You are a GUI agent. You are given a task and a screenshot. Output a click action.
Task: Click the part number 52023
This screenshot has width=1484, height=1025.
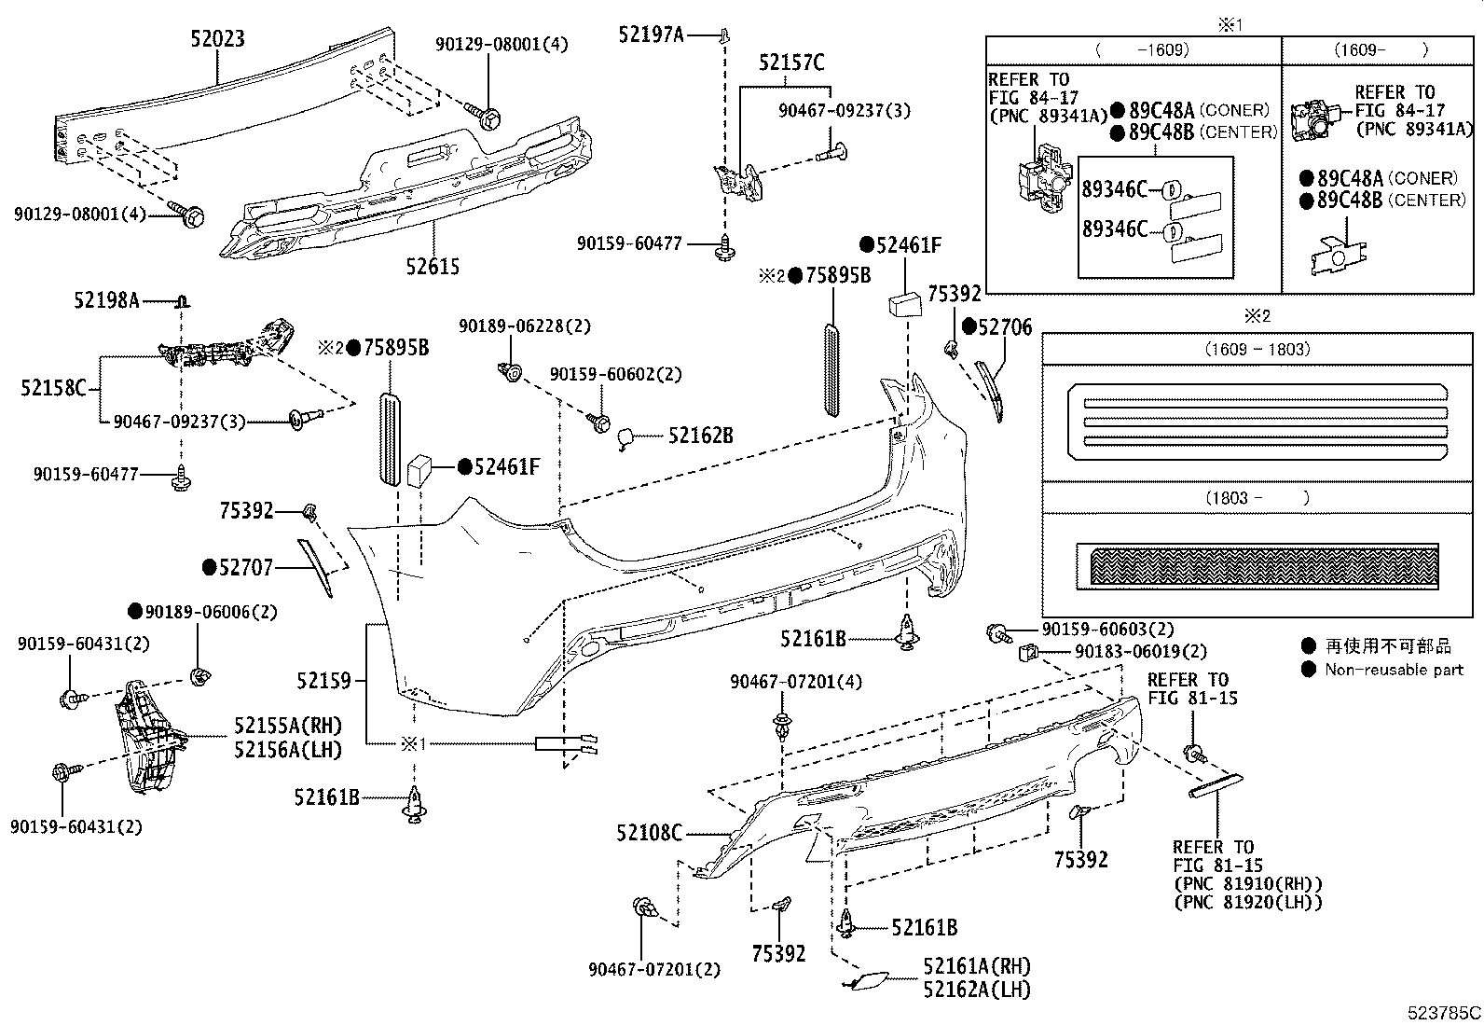pyautogui.click(x=217, y=38)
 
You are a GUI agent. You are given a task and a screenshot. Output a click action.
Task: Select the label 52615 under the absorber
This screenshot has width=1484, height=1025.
pyautogui.click(x=433, y=266)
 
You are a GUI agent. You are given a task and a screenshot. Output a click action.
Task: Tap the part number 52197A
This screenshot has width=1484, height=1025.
pyautogui.click(x=651, y=35)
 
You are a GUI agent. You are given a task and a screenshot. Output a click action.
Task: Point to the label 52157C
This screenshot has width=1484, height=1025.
pyautogui.click(x=791, y=63)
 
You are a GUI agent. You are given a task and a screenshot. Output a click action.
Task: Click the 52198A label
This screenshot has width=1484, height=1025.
pyautogui.click(x=106, y=300)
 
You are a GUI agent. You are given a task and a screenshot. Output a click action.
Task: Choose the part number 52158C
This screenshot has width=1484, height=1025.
pyautogui.click(x=54, y=387)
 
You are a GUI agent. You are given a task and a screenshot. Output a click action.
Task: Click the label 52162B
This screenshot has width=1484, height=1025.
pyautogui.click(x=701, y=436)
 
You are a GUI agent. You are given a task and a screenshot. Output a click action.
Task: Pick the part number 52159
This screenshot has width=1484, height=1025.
pyautogui.click(x=323, y=680)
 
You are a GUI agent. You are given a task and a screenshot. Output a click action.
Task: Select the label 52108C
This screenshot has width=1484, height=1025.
pyautogui.click(x=649, y=833)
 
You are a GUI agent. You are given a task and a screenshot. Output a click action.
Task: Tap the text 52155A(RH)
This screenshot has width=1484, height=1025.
pyautogui.click(x=287, y=726)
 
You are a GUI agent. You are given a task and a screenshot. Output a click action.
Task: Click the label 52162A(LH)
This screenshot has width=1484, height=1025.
pyautogui.click(x=977, y=990)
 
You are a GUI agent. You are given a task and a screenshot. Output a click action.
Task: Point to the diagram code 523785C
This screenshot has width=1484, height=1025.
pyautogui.click(x=1444, y=1013)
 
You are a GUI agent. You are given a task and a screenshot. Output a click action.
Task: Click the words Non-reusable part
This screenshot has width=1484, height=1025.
pyautogui.click(x=1394, y=670)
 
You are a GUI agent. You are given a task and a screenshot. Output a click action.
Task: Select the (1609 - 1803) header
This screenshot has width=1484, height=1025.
pyautogui.click(x=1257, y=350)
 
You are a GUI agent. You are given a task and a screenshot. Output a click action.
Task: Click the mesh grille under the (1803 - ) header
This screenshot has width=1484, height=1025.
pyautogui.click(x=1264, y=565)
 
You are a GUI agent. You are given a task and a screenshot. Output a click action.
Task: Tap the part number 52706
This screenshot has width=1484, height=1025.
pyautogui.click(x=1005, y=326)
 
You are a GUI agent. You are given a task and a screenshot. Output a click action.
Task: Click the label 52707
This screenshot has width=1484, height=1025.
pyautogui.click(x=246, y=568)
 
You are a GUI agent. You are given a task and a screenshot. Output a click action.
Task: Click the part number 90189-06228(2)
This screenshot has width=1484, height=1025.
pyautogui.click(x=525, y=326)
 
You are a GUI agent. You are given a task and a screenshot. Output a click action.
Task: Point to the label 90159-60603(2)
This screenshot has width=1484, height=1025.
pyautogui.click(x=1107, y=630)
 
